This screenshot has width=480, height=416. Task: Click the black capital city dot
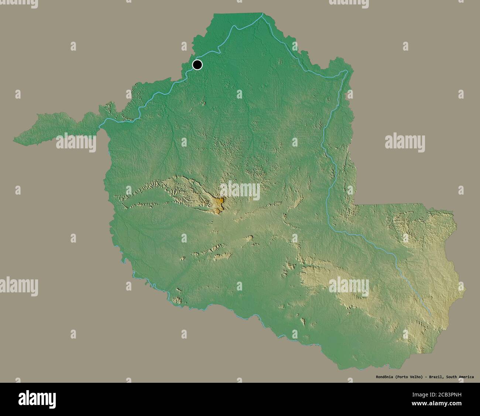198,65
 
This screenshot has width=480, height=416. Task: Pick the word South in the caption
452,377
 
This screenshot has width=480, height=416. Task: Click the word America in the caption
467,377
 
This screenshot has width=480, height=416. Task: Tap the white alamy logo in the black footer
37,399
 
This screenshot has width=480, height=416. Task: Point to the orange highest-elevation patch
220,202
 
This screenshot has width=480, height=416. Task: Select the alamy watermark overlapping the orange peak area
240,191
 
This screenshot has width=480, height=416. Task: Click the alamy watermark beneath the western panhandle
76,142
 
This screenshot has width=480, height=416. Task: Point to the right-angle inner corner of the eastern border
353,204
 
